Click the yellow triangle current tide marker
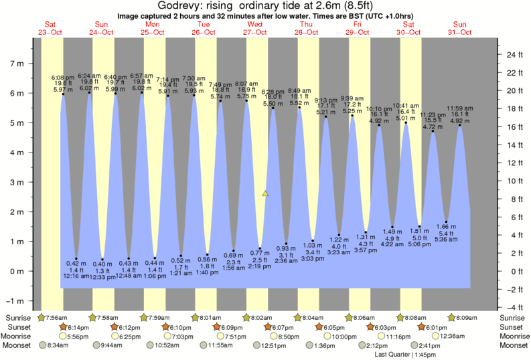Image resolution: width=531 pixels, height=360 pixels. [265, 193]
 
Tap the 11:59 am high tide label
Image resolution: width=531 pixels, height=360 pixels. [459, 108]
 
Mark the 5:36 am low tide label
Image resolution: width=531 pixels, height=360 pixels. [445, 238]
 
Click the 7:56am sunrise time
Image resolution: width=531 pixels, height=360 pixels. [55, 317]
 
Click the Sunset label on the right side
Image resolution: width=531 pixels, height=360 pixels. [512, 327]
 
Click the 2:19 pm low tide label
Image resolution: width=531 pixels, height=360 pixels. [260, 266]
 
